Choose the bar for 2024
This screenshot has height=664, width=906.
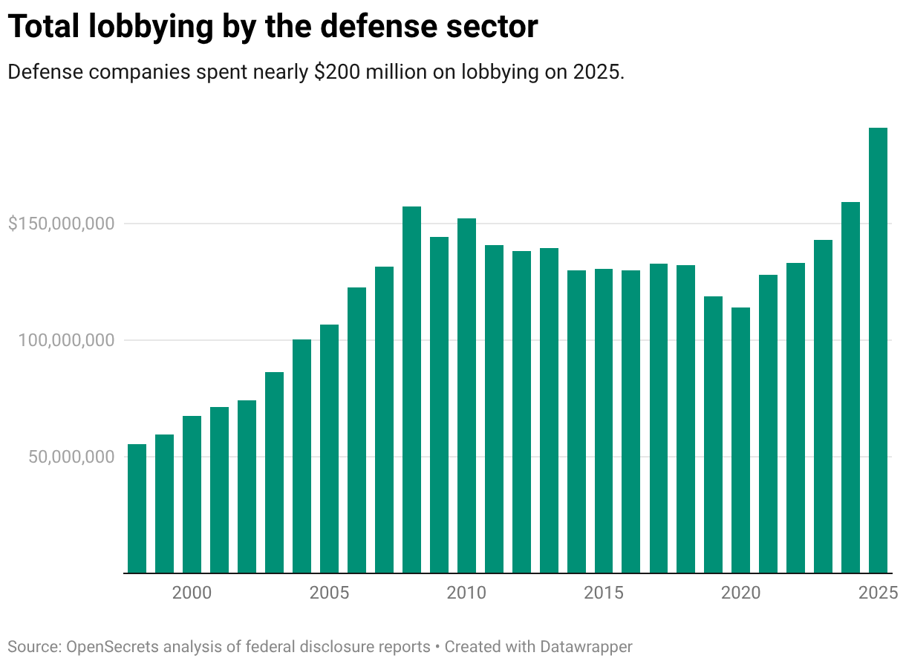click(x=850, y=387)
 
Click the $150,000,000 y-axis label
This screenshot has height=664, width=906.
click(x=61, y=224)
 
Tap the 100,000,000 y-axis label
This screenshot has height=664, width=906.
click(x=68, y=340)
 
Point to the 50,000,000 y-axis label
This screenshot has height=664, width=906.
click(x=72, y=456)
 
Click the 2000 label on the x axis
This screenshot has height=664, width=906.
click(x=192, y=593)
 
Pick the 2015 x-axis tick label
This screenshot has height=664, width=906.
click(x=604, y=593)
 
